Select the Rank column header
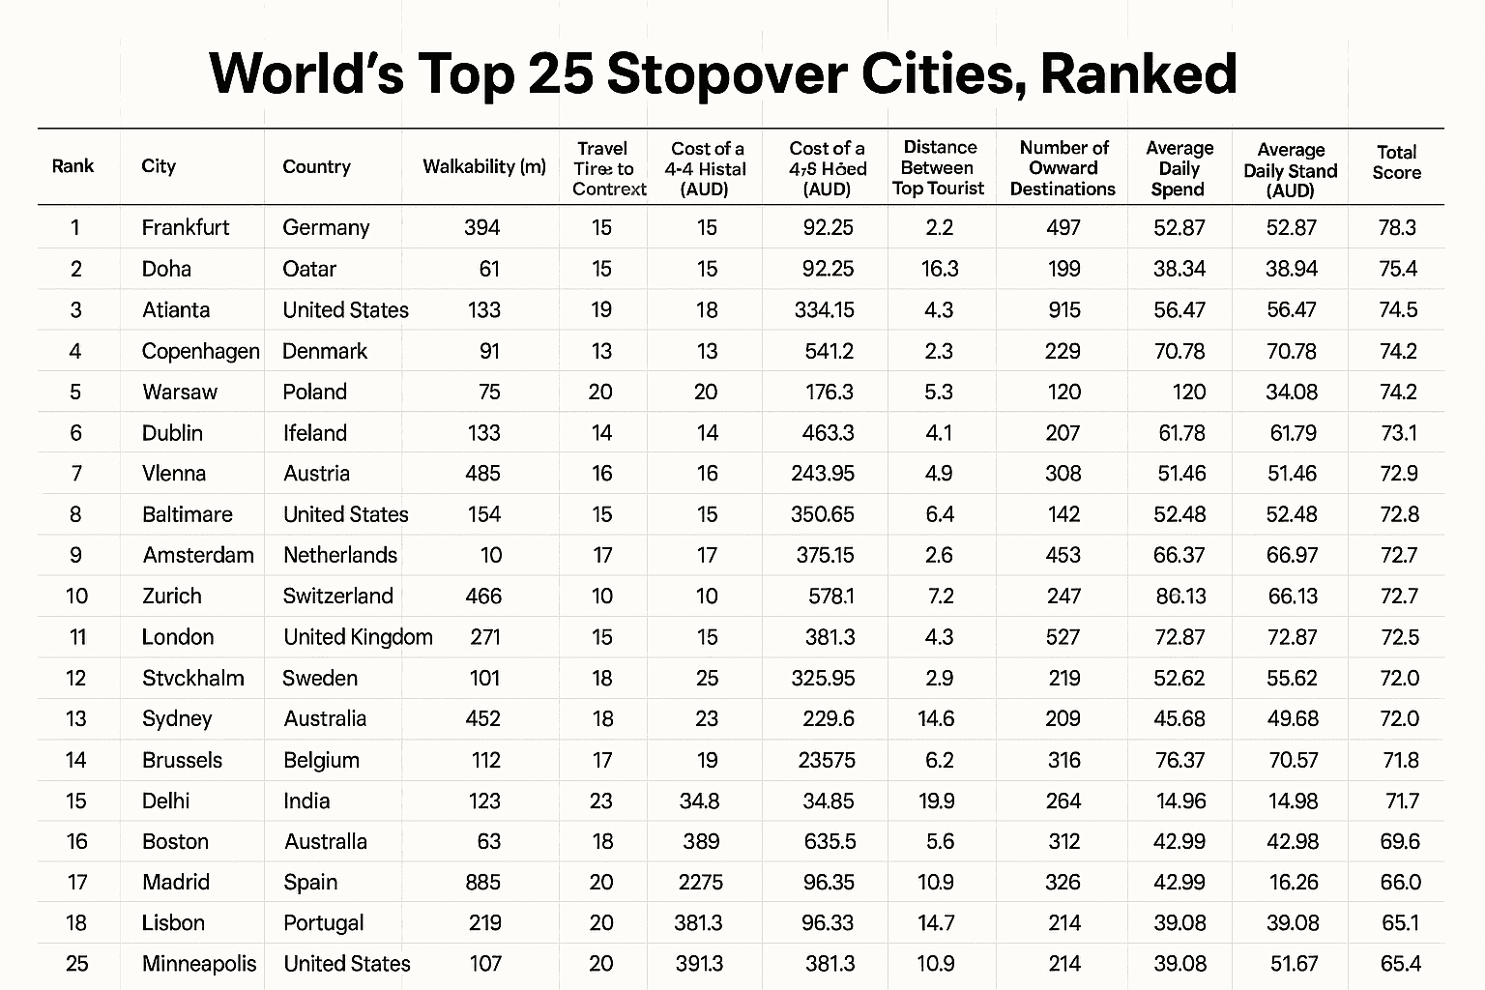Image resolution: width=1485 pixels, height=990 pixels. (x=73, y=166)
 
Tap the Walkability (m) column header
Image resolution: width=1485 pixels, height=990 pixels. (x=484, y=166)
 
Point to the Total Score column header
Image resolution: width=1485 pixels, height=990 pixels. (x=1396, y=162)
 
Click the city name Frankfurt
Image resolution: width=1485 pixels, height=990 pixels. (x=186, y=228)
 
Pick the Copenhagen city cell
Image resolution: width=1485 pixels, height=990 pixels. (x=200, y=351)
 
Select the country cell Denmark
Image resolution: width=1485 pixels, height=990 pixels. (x=325, y=351)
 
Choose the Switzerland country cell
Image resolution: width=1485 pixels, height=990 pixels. (x=338, y=596)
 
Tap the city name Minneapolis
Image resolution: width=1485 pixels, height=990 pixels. (x=199, y=964)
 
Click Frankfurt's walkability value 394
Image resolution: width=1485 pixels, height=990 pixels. (x=481, y=228)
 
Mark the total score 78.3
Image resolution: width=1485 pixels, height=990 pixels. (x=1398, y=228)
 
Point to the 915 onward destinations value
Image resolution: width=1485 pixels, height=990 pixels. (x=1063, y=310)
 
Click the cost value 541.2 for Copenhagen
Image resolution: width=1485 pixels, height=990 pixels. (x=829, y=351)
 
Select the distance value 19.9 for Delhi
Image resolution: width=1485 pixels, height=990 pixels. (x=939, y=801)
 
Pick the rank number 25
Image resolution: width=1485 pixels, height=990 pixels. (x=76, y=964)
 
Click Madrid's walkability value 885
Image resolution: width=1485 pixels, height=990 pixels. (x=482, y=882)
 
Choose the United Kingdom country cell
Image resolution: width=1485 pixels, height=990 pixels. (x=358, y=636)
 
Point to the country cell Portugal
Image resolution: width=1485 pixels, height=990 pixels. (x=324, y=923)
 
